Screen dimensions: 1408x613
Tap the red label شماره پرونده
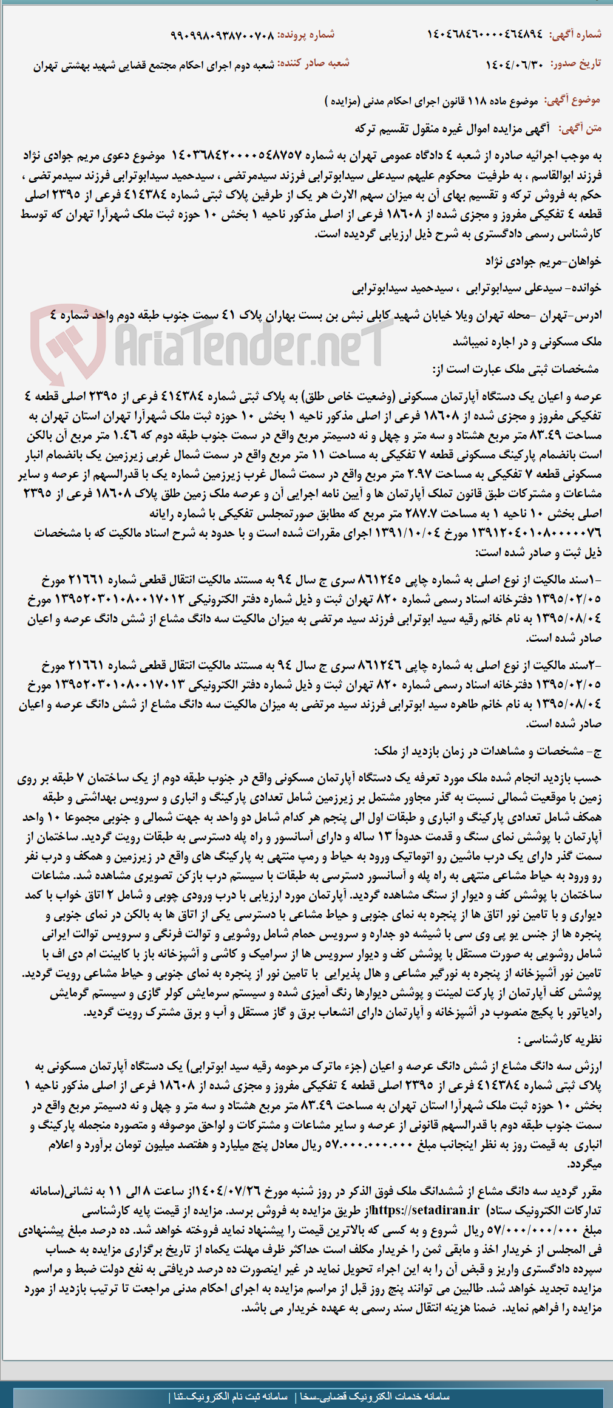[306, 35]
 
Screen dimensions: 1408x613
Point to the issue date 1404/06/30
[515, 64]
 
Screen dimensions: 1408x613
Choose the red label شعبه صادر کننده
[314, 64]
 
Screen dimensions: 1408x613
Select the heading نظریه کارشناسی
[558, 1039]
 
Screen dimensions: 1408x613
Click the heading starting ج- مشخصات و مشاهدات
[487, 750]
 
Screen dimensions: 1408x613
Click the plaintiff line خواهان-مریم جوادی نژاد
[543, 261]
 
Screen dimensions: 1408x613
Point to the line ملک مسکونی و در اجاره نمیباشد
[527, 342]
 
